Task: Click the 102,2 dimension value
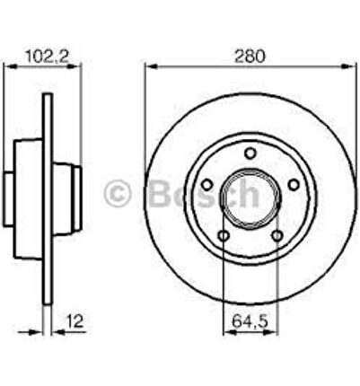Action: point(47,57)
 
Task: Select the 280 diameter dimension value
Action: point(250,57)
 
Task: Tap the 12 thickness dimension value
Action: point(75,321)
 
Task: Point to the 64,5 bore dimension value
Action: point(250,321)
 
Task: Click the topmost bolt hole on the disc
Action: point(250,154)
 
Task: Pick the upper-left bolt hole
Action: point(206,185)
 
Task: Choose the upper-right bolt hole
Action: point(294,185)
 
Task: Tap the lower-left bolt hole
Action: point(224,236)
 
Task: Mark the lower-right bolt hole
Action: point(277,236)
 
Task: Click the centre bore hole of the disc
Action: point(250,199)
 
